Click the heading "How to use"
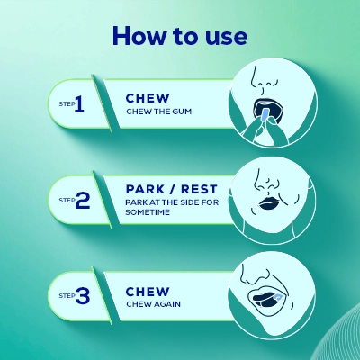coord(180,36)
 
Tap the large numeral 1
coord(79,104)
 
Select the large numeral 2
coord(83,200)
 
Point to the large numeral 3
coord(83,295)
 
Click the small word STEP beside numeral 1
coord(67,104)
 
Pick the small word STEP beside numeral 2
coord(67,200)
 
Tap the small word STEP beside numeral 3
coord(67,295)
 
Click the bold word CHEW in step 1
coord(148,98)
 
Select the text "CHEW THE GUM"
coord(158,112)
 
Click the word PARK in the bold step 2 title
coord(145,189)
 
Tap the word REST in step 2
coord(199,189)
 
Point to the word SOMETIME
coord(148,212)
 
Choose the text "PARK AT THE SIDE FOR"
coord(172,202)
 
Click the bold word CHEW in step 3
coord(148,292)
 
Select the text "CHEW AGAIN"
coord(153,304)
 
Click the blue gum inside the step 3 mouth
coord(277,298)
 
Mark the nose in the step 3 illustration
coord(255,274)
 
